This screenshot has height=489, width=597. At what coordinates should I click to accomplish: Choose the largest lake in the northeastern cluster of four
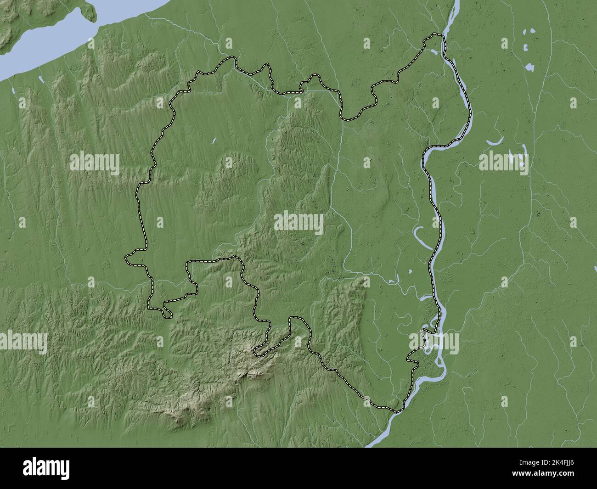[529, 67]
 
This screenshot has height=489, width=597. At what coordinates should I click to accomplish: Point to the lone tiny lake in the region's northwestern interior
[214, 141]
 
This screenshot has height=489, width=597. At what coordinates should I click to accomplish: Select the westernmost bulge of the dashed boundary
[127, 260]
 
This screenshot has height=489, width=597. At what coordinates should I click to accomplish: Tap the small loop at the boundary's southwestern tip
[167, 314]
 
